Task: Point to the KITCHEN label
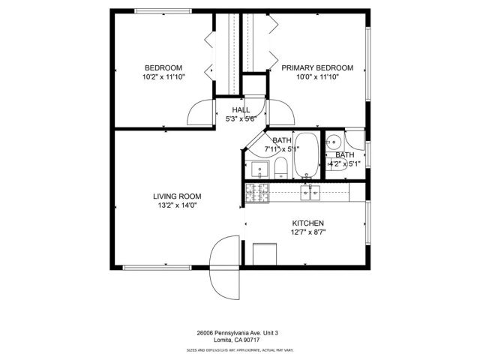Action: point(307,223)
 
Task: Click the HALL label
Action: point(241,109)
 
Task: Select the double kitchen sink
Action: point(310,193)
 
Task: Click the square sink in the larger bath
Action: point(259,169)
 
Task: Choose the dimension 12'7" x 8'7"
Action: point(307,232)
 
